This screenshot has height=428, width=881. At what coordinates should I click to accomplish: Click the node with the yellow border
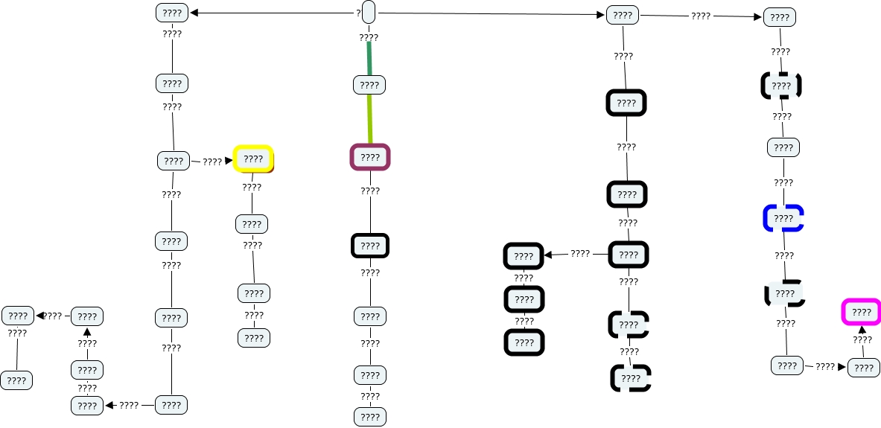(x=253, y=159)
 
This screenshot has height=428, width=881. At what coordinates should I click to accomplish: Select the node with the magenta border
(x=861, y=311)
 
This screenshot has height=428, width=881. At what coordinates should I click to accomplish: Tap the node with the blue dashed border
(x=783, y=218)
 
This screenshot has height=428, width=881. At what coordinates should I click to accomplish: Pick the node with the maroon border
(x=370, y=157)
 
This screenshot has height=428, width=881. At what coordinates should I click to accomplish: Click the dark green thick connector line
(x=369, y=58)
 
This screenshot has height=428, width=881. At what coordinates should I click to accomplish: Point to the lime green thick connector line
(x=370, y=119)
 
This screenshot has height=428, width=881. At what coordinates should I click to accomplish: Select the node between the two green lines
(x=369, y=85)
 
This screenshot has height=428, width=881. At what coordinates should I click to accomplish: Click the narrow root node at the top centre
(x=368, y=13)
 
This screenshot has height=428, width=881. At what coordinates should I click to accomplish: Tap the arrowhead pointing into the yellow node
(x=229, y=160)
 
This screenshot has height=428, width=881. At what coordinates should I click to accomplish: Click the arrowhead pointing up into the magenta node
(x=862, y=329)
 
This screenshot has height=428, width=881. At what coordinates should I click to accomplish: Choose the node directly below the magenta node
(x=863, y=368)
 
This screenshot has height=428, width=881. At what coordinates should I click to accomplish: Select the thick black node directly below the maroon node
(x=370, y=246)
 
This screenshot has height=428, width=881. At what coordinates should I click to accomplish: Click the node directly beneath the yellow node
(x=252, y=223)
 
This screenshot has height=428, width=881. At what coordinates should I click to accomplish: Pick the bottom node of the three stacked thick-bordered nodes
(x=524, y=342)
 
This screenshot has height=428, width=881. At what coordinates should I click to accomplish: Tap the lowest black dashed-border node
(x=631, y=378)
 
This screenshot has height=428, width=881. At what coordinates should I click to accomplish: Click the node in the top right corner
(x=780, y=17)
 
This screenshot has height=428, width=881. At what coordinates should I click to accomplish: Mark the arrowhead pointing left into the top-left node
(x=194, y=13)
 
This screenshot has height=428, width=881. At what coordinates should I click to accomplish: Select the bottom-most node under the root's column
(x=370, y=417)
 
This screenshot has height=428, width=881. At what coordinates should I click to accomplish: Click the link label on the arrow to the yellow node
(x=212, y=161)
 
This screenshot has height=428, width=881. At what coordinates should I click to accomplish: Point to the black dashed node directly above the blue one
(x=780, y=86)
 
